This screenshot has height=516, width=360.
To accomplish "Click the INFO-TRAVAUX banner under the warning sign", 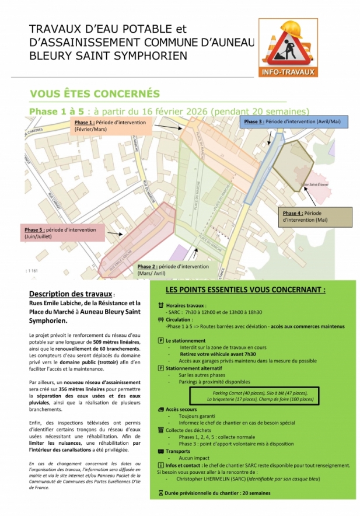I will [288, 72].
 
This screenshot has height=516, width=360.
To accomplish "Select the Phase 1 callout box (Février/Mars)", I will [111, 126].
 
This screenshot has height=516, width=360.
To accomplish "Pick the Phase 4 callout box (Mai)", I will [317, 217].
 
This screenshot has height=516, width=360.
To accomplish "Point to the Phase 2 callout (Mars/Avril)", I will [173, 270].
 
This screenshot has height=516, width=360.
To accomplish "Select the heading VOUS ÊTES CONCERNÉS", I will [95, 94].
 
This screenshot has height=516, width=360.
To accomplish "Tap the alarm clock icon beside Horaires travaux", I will [161, 305].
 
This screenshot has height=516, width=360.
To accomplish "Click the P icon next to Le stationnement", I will [161, 340].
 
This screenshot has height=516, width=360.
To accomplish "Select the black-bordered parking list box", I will [253, 396].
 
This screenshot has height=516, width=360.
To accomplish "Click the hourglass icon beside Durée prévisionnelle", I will [161, 493].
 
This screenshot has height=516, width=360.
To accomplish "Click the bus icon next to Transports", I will [161, 451].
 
